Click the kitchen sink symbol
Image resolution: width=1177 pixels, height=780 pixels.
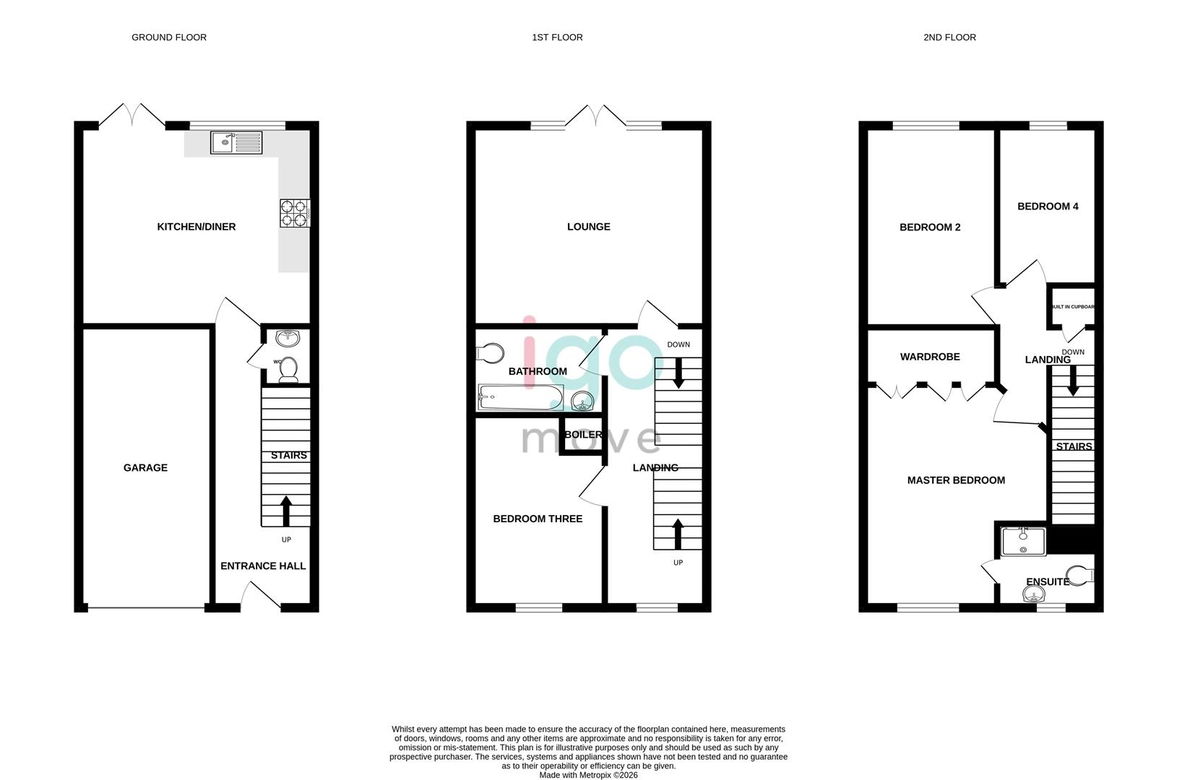coord(236,143)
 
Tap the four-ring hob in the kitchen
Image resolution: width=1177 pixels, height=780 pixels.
coord(294,213)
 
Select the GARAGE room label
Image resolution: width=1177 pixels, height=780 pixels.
coord(145,468)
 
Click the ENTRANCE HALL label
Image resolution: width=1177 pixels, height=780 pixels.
coord(263,566)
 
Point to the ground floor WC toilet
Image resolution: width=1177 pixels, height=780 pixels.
coord(288,368)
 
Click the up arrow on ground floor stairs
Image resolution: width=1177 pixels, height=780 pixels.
coord(286,511)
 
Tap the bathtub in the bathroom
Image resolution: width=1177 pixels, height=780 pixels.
coord(520,397)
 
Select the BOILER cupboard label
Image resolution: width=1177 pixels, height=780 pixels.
coord(583,435)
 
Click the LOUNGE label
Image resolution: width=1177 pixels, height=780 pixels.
coord(588,227)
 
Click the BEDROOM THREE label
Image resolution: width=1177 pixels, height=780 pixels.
coord(538,519)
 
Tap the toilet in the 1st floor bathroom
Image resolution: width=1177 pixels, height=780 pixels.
coord(491,353)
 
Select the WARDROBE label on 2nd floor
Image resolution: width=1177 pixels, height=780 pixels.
coord(930,357)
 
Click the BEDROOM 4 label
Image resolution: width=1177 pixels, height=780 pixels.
coord(1048,207)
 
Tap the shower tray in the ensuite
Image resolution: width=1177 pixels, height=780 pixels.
coord(1024,542)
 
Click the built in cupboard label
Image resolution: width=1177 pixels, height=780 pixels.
coord(1072,307)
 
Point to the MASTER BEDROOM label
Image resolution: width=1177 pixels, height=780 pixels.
coord(956,480)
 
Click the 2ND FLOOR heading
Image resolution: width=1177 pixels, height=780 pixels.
coord(949,38)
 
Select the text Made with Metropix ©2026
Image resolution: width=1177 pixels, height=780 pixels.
coord(587,775)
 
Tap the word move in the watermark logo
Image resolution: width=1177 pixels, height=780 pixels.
coord(591,438)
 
